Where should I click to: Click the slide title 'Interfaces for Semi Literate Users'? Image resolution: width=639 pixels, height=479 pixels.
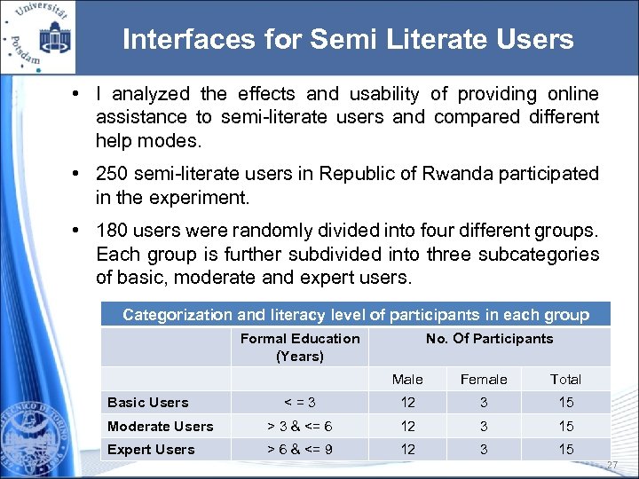coord(348,40)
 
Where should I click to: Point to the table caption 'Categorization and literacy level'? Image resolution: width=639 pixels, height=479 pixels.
coord(355,315)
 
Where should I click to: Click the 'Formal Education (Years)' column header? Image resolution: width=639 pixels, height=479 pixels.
coord(300,347)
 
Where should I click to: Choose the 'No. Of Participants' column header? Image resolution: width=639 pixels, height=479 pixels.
coord(489,338)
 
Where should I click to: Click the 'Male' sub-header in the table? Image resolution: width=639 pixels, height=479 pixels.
coord(407,379)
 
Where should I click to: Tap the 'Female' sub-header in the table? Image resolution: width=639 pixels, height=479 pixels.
coord(484,379)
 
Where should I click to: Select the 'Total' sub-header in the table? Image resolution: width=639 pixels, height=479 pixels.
coord(565,379)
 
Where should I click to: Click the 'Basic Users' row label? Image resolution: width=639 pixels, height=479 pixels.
coord(148,403)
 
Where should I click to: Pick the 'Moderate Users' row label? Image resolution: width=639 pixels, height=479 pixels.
coord(161,426)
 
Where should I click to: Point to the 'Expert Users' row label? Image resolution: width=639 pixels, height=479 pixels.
coord(151,449)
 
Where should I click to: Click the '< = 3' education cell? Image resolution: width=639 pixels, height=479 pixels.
coord(300,403)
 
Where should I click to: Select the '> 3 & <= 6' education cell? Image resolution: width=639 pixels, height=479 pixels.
coord(300,426)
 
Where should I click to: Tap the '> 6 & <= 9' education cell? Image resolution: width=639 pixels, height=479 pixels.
coord(300,449)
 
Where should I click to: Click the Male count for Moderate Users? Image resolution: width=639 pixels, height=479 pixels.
coord(407,426)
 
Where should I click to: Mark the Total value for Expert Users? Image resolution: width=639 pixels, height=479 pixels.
coord(565,449)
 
